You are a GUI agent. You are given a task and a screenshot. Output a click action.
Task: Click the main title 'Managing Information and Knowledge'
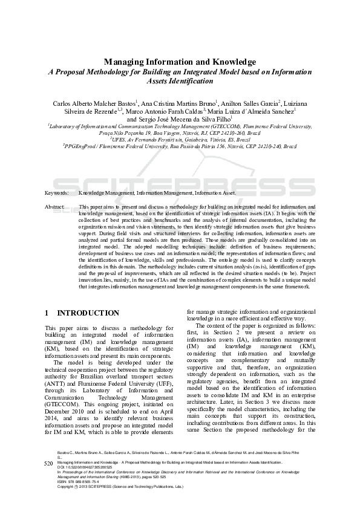tap(180, 62)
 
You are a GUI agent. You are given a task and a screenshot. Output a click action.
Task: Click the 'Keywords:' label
tap(56, 193)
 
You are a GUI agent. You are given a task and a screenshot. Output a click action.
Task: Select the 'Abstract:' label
tap(55, 207)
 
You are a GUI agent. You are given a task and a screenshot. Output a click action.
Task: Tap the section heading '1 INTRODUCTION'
tap(82, 313)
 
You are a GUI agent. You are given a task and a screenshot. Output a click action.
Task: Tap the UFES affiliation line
tap(180, 139)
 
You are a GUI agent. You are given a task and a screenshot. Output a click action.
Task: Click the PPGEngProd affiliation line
tap(180, 146)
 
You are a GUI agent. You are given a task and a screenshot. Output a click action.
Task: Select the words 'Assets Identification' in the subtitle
tap(180, 80)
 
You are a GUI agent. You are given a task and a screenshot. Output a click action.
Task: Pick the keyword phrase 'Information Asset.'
tap(215, 193)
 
